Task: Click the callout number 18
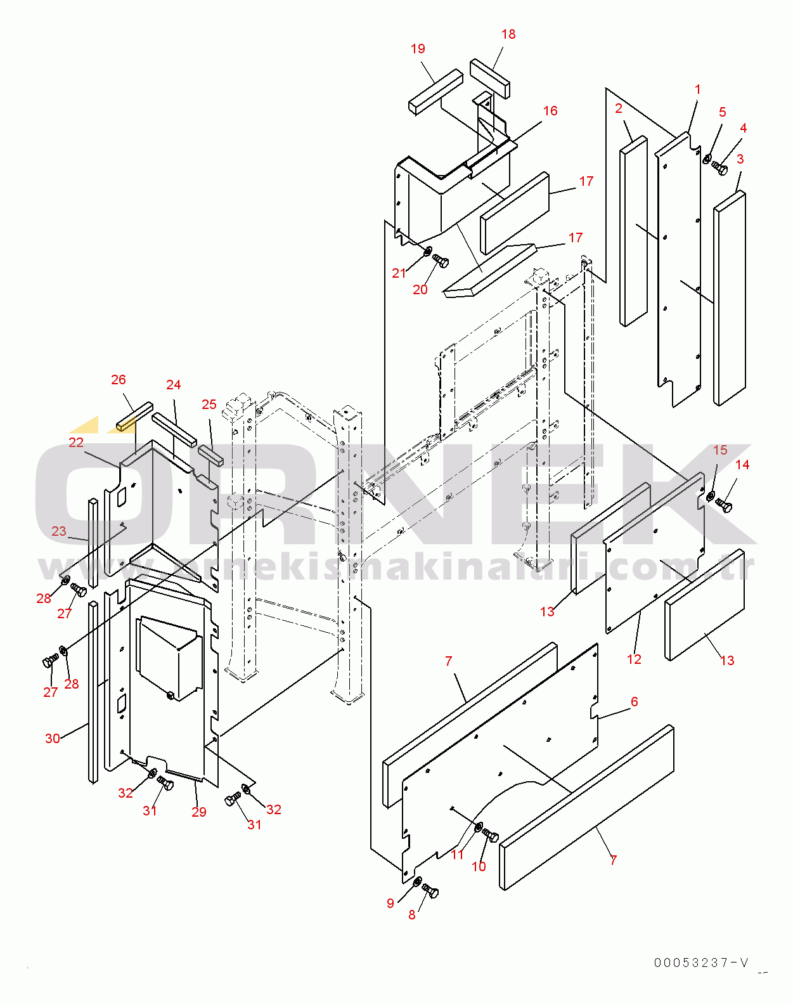pyautogui.click(x=508, y=34)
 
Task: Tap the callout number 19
pyautogui.click(x=418, y=49)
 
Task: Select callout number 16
pyautogui.click(x=550, y=111)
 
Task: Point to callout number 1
pyautogui.click(x=697, y=89)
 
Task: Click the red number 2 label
pyautogui.click(x=618, y=108)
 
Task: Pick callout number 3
pyautogui.click(x=740, y=159)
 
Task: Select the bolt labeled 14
pyautogui.click(x=723, y=505)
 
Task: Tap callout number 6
pyautogui.click(x=634, y=701)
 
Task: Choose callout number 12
pyautogui.click(x=634, y=659)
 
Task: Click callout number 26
pyautogui.click(x=118, y=380)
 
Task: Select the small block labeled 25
pyautogui.click(x=211, y=456)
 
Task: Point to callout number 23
pyautogui.click(x=59, y=531)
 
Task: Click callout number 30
pyautogui.click(x=53, y=738)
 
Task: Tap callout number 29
pyautogui.click(x=199, y=812)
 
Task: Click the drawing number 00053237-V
pyautogui.click(x=701, y=963)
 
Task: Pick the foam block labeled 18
pyautogui.click(x=489, y=78)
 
